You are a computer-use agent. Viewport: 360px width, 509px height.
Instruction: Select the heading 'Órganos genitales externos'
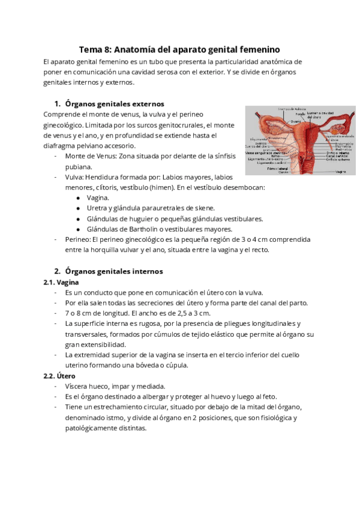tap(114, 103)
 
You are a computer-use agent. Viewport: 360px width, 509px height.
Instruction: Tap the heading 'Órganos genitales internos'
tap(113, 271)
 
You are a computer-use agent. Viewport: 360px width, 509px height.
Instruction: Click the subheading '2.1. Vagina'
tap(61, 282)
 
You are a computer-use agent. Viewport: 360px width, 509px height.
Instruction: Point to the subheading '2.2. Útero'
tap(59, 376)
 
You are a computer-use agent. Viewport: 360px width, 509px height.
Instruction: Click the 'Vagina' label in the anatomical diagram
tap(340, 170)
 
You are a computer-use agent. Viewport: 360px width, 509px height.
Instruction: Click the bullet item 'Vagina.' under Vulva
tap(98, 197)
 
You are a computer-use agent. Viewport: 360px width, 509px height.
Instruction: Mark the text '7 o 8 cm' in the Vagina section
tap(79, 313)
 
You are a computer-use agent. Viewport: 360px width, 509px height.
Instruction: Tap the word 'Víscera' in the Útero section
tap(78, 387)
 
